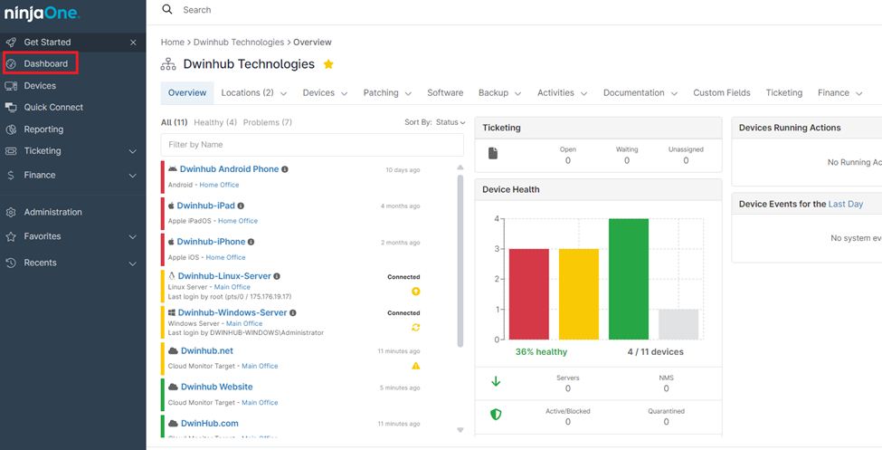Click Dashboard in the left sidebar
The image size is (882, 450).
(45, 63)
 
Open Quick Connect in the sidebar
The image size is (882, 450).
(52, 107)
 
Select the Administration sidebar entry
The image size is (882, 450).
(52, 212)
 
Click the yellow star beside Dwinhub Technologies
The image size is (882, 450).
(328, 64)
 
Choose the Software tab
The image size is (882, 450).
(445, 92)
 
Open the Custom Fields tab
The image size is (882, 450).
(721, 92)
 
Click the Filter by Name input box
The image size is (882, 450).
(312, 145)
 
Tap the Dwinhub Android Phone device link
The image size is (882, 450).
(229, 169)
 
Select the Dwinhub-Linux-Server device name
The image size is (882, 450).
(224, 276)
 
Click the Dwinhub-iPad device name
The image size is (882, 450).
(204, 206)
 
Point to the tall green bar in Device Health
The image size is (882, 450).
(628, 279)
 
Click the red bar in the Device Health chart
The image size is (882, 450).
(528, 293)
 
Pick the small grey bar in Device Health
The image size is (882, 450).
(678, 324)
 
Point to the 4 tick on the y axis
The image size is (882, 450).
(496, 219)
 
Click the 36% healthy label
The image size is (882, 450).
(541, 351)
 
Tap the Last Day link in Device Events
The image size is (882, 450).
(845, 204)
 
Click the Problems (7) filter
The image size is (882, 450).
(267, 122)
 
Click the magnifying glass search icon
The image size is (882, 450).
(167, 9)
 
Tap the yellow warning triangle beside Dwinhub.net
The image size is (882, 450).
(416, 366)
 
